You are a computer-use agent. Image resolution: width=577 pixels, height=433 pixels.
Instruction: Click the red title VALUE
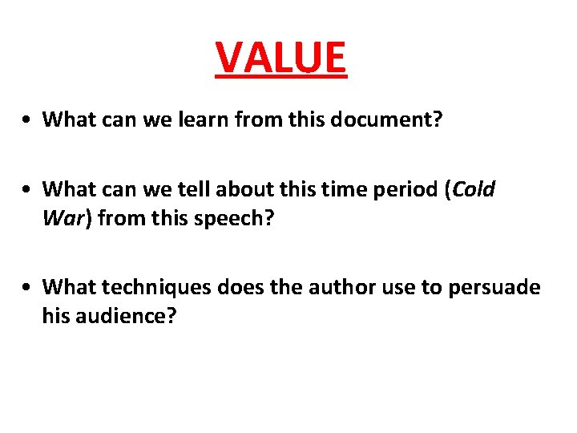281,57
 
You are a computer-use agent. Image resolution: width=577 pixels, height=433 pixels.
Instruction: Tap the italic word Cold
475,190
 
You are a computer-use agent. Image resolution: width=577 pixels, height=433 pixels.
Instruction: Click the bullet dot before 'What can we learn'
27,120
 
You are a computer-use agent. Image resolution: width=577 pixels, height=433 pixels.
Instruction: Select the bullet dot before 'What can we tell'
27,191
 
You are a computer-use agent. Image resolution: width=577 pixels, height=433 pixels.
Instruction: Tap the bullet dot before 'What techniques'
27,287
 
